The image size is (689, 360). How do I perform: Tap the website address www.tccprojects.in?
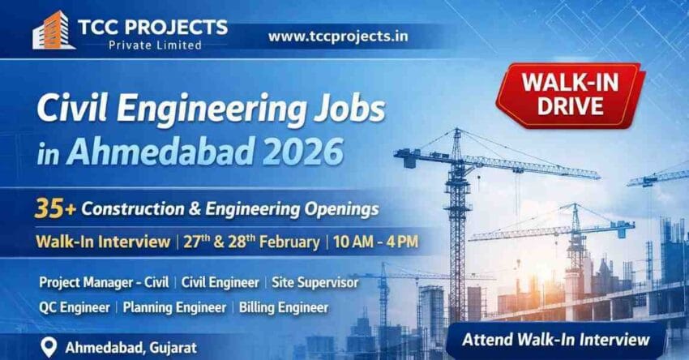click(338, 36)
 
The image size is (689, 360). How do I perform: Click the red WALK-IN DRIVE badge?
click(573, 94)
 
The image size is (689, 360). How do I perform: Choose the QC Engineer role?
click(75, 308)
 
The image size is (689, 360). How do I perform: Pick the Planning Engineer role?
click(175, 308)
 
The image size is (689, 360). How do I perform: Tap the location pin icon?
click(49, 347)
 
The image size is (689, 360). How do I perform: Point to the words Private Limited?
click(155, 45)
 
